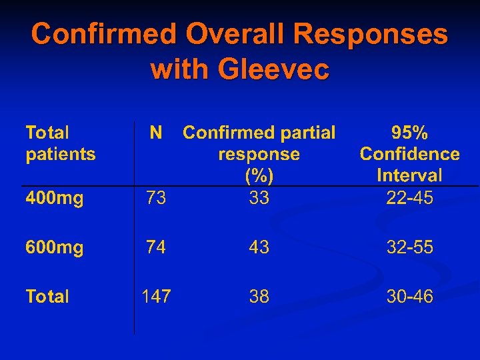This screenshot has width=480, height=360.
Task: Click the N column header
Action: coord(155,133)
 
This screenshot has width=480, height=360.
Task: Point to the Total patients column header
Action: coord(60,143)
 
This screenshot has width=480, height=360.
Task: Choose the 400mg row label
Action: coord(55,197)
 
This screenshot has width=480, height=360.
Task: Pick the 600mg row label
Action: coord(55,247)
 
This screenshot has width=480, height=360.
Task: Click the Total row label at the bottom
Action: coord(47,296)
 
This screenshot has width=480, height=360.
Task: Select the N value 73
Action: coord(156,197)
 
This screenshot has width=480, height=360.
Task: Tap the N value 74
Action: coord(156,247)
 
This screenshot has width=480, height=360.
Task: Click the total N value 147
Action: coord(156,296)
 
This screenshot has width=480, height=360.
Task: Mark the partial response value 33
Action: coord(259,197)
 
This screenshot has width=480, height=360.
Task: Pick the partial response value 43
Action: coord(259,247)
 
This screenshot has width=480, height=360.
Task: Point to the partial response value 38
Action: coord(259,296)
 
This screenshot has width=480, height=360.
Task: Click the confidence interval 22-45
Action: coord(409,197)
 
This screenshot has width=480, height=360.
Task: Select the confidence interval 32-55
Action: coord(409,247)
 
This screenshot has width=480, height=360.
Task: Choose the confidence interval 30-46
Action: coord(409,296)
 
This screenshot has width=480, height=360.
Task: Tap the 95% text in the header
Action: coord(409,133)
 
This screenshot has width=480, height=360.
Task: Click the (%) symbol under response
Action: coord(259,176)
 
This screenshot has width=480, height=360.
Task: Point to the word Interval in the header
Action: coord(409,176)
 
